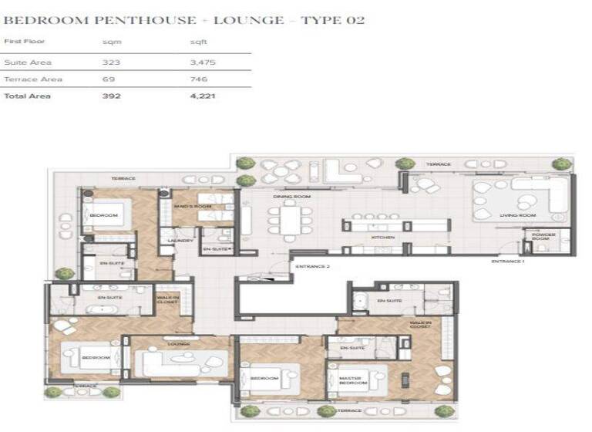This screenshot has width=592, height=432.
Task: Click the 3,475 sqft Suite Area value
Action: pyautogui.click(x=203, y=61)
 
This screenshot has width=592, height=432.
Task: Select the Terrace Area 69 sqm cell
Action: pyautogui.click(x=109, y=79)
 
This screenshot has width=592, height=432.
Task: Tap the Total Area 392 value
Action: pyautogui.click(x=111, y=97)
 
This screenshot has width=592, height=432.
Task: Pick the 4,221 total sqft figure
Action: pyautogui.click(x=203, y=97)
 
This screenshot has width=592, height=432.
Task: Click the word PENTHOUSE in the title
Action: pyautogui.click(x=118, y=20)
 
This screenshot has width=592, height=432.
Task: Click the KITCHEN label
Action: pyautogui.click(x=383, y=238)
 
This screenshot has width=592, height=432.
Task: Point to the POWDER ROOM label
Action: pyautogui.click(x=543, y=238)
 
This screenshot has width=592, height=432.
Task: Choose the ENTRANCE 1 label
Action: pyautogui.click(x=508, y=262)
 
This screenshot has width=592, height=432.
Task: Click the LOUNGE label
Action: pyautogui.click(x=179, y=344)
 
